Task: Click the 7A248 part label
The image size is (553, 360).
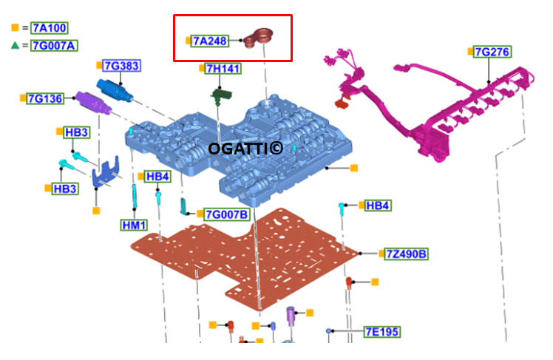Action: coord(210,41)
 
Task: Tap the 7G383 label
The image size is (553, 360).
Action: coord(121,67)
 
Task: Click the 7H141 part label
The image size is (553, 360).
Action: coord(223,69)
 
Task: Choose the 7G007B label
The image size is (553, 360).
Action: coord(226,214)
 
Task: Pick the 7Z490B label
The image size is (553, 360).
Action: coord(406,254)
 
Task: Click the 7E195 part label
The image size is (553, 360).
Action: coord(381,332)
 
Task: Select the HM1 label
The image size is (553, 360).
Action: coord(135,224)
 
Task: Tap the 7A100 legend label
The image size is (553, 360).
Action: coord(50,28)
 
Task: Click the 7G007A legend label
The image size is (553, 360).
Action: coord(54,45)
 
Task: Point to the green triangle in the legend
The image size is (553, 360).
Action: coord(16,45)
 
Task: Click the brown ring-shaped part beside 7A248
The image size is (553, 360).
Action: coord(260,36)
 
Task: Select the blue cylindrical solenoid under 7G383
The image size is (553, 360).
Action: coord(112,90)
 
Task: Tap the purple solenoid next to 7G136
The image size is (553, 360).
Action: coord(94,104)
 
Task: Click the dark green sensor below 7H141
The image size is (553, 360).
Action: coord(220,96)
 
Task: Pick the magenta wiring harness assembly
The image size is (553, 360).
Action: coord(436,111)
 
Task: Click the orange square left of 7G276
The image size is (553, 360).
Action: coord(470,52)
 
